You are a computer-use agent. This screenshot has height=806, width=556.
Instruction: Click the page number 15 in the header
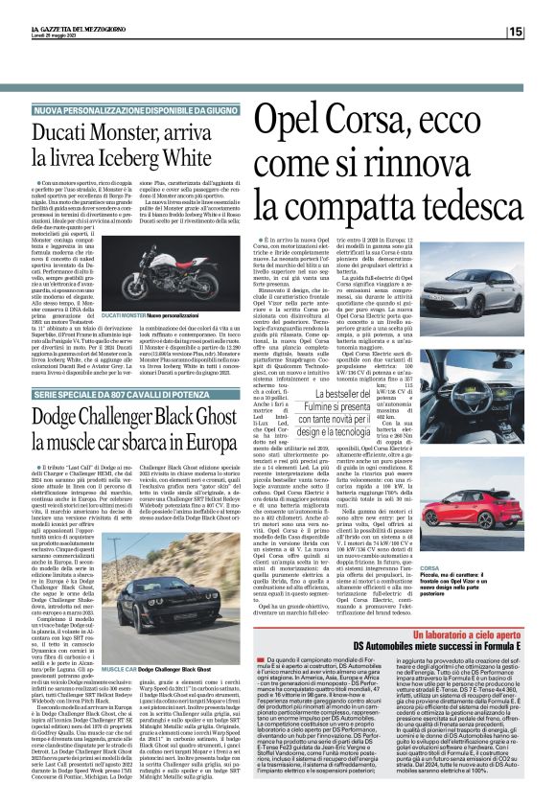[x=542, y=32]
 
